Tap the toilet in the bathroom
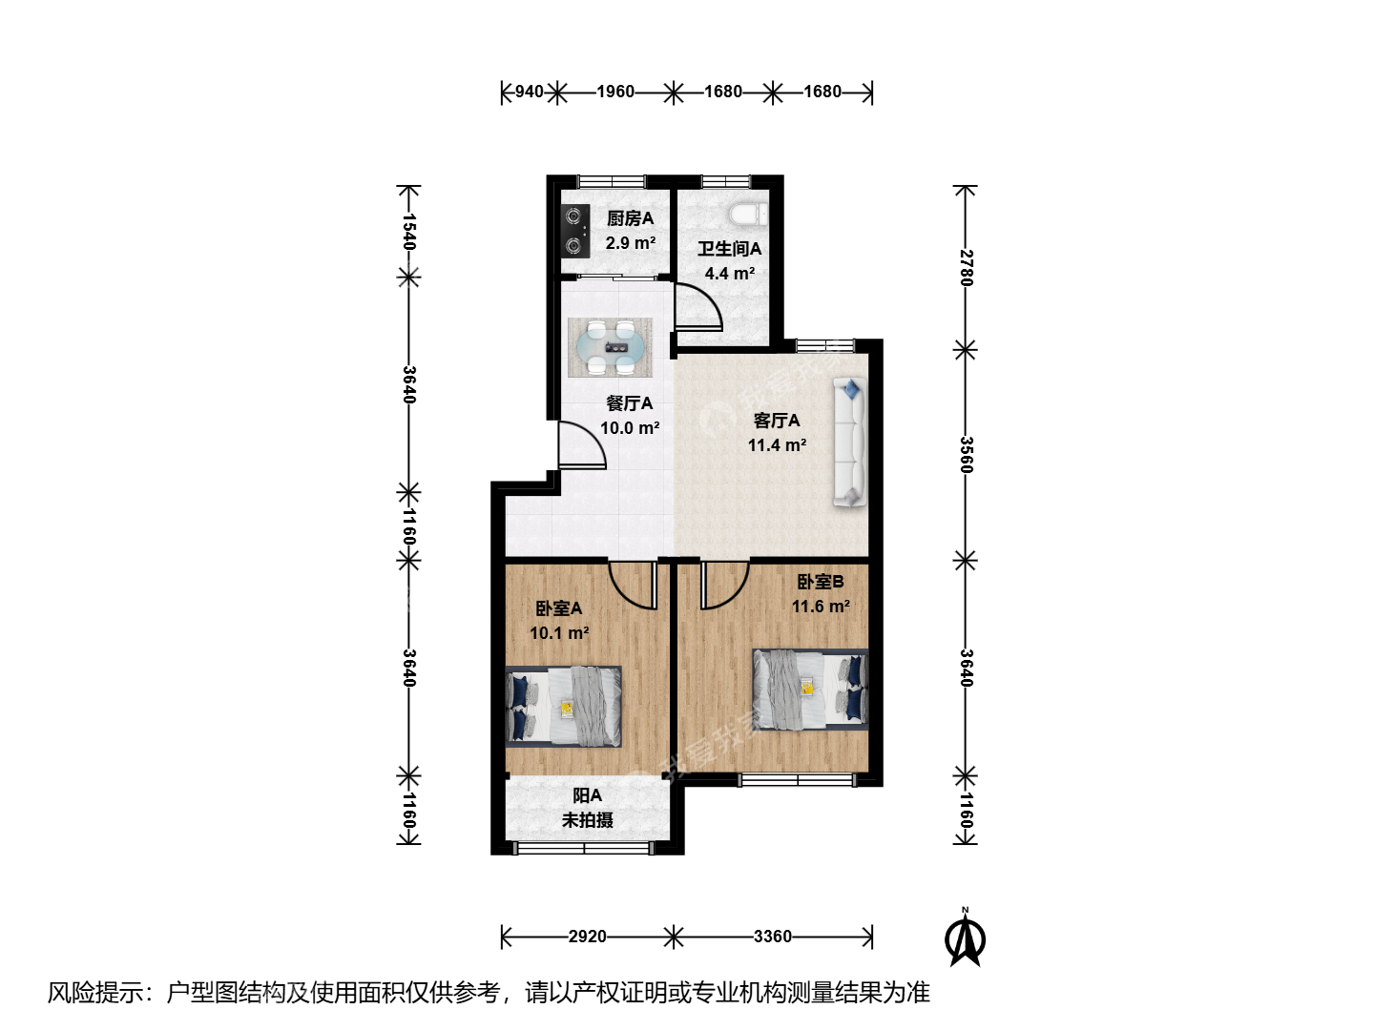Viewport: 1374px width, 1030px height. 748,214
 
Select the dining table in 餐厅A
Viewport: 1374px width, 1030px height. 610,348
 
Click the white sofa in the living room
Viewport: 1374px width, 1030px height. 849,443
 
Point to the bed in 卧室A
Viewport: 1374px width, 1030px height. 563,707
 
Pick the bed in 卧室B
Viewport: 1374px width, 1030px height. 811,690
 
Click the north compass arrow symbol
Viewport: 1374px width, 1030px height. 966,937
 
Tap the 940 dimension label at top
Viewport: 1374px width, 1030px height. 529,92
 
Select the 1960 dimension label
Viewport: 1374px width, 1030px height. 615,92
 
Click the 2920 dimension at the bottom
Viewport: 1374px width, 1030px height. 587,937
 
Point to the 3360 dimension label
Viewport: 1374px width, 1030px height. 773,937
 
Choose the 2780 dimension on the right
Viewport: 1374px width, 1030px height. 966,268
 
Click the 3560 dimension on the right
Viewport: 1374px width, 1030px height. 966,455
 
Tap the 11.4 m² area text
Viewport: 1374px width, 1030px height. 777,445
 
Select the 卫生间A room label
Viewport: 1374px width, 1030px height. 729,249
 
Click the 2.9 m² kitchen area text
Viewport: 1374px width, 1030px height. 631,242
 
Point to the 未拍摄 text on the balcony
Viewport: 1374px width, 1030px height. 587,820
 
